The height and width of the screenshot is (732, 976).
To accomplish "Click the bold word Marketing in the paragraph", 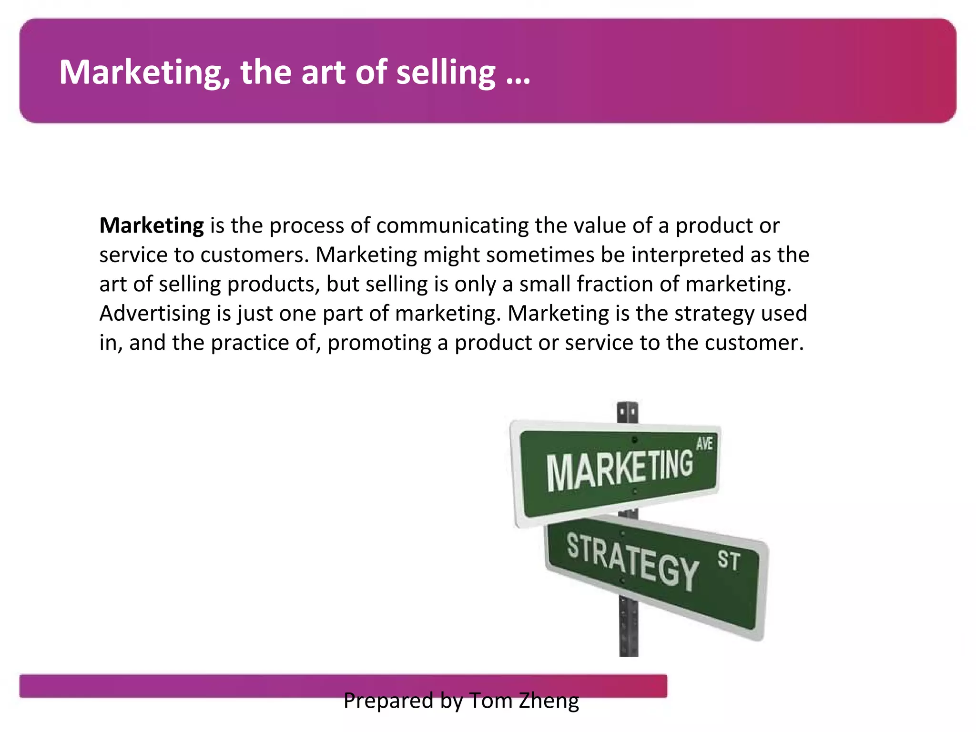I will tap(152, 225).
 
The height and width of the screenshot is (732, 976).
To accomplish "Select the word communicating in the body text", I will tap(452, 225).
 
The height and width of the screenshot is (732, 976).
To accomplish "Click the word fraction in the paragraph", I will tap(602, 284).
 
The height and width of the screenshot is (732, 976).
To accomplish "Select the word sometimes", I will tap(540, 254).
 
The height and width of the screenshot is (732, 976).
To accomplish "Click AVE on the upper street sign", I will tap(704, 444).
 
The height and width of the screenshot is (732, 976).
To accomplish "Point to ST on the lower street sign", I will tap(729, 560).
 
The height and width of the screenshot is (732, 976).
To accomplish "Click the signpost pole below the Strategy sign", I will tap(629, 629).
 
